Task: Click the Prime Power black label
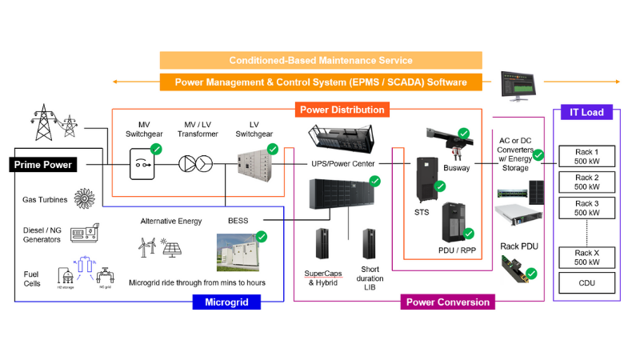point(45,165)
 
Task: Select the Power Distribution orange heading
point(342,110)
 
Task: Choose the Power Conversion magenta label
point(448,302)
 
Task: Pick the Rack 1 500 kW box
point(586,156)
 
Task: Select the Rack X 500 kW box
point(586,258)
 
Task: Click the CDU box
point(586,282)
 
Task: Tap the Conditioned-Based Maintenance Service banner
point(321,61)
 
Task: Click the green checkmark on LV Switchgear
point(273,149)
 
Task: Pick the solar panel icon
point(170,246)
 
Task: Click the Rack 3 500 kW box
point(586,207)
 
